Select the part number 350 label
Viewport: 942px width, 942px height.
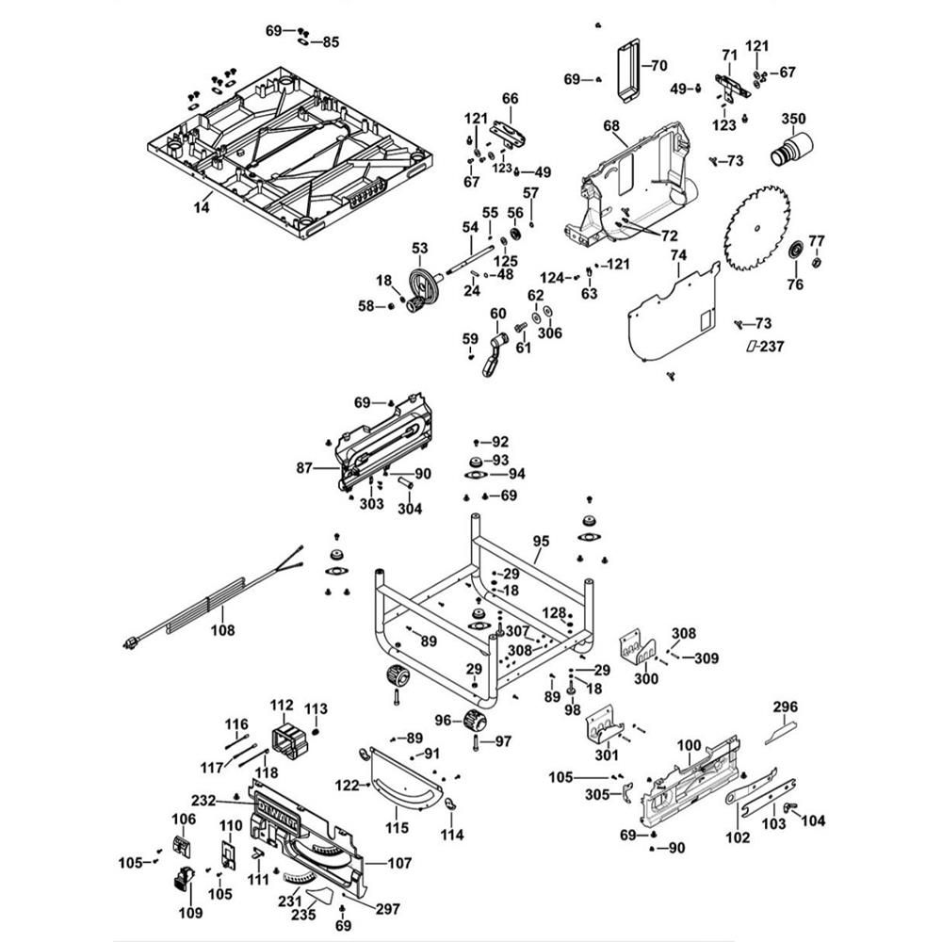tap(793, 119)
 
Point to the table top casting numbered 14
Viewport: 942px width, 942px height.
tap(289, 153)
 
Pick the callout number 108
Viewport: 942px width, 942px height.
tap(222, 630)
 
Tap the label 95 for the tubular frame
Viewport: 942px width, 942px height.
tap(541, 541)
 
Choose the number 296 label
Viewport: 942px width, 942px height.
tap(786, 706)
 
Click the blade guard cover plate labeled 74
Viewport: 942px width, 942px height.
tap(673, 313)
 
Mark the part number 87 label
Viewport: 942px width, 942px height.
tap(304, 467)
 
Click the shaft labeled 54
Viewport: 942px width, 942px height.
tap(468, 258)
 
